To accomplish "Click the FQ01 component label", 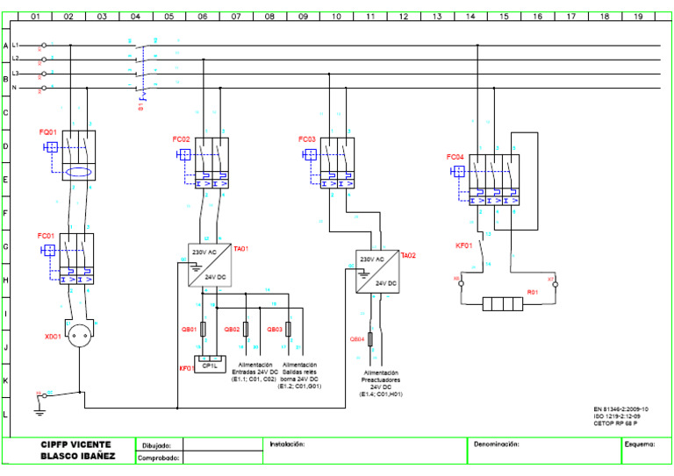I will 47,131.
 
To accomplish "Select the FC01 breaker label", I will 46,236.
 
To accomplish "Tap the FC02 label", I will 181,139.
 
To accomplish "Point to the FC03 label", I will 306,139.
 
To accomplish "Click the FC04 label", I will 455,157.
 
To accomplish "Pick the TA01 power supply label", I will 240,249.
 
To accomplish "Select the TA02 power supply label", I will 407,255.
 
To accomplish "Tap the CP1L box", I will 211,366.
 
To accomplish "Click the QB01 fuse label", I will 188,330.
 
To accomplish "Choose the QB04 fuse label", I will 356,338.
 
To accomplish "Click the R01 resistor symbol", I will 504,305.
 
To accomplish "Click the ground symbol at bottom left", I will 39,405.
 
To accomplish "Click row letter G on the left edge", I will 5,246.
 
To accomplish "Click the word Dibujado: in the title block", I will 157,445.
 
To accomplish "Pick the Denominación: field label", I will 497,444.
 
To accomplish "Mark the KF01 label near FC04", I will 463,245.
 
